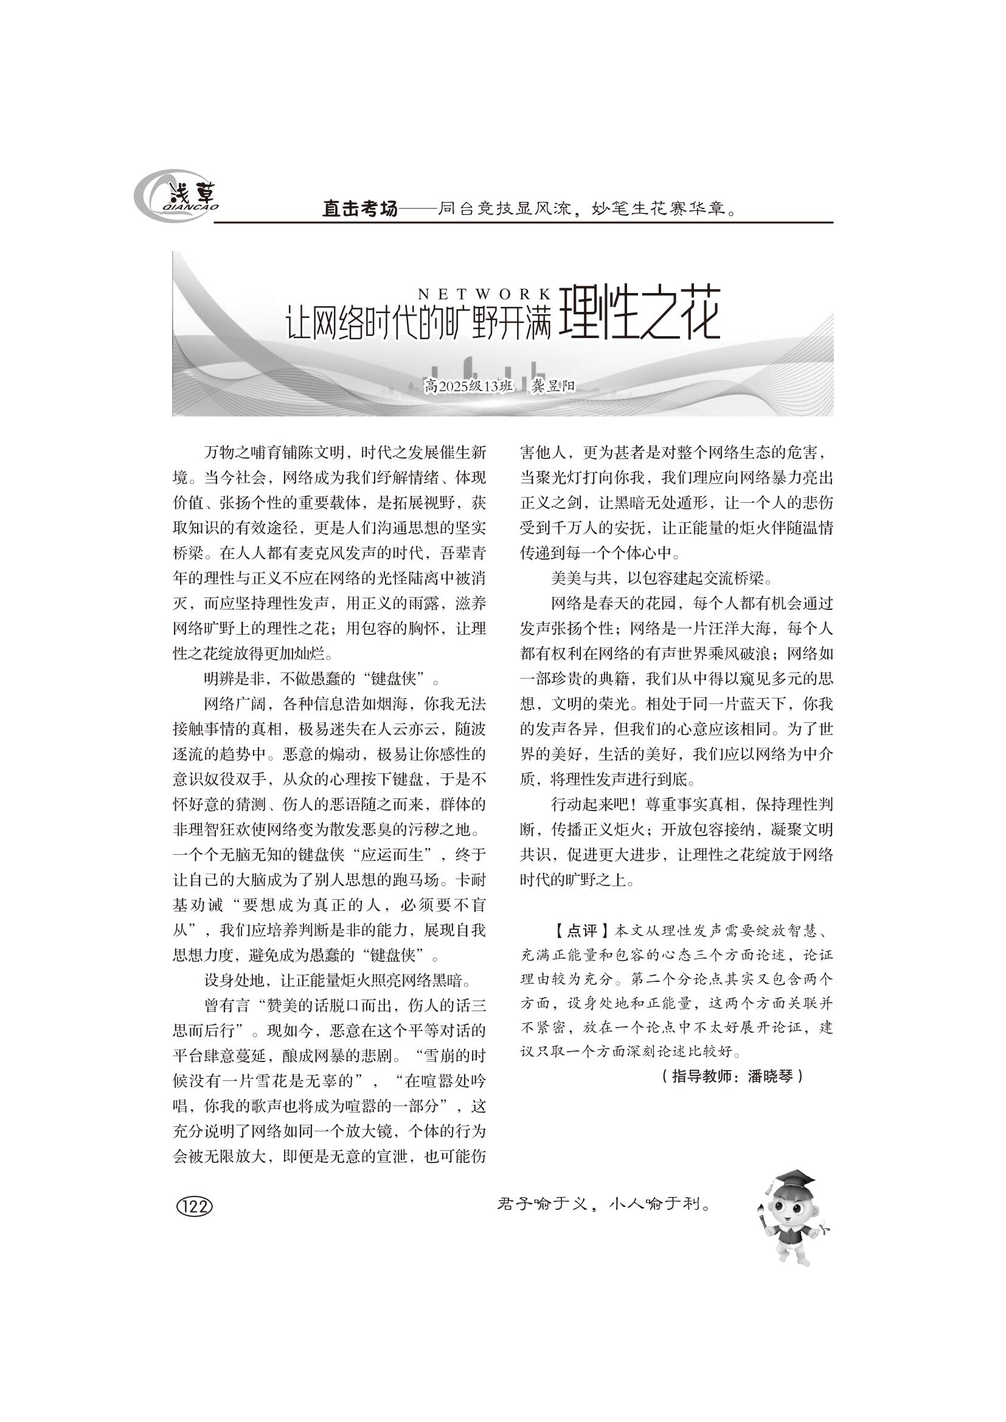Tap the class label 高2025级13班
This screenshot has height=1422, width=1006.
(x=469, y=387)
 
